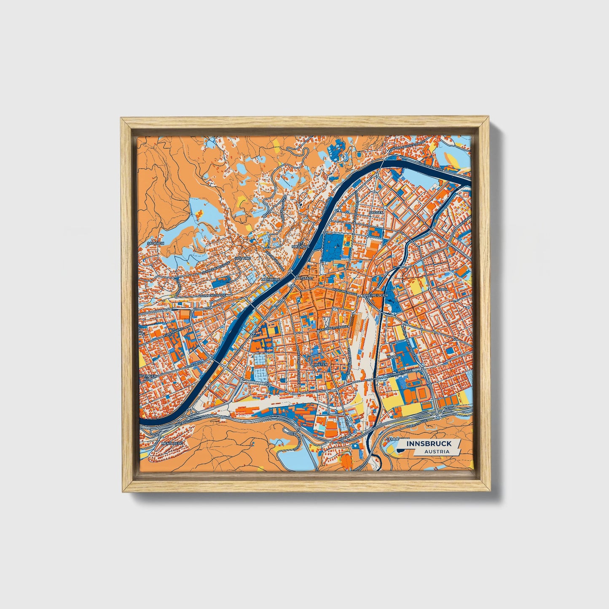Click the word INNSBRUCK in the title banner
(429, 444)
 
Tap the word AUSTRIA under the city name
(437, 451)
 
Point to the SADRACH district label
(153, 244)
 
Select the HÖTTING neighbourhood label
(244, 258)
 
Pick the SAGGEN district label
(376, 213)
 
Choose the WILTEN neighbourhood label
(320, 364)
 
